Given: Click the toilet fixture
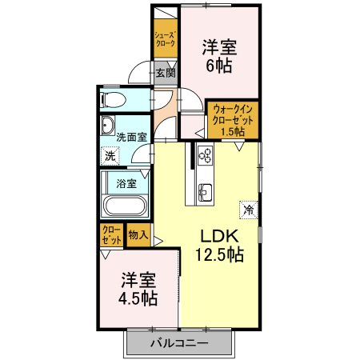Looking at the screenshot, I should click(x=111, y=100).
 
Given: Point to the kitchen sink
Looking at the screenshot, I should click(x=204, y=192).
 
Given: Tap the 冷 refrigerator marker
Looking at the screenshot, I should click(x=248, y=210).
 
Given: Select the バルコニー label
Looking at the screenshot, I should click(x=179, y=343).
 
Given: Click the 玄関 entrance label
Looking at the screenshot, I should click(x=166, y=73).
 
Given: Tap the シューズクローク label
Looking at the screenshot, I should click(x=166, y=38).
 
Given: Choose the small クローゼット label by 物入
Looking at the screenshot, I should click(x=111, y=234).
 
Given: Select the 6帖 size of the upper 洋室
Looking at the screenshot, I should click(x=218, y=66).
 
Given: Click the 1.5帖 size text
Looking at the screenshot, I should click(x=233, y=132).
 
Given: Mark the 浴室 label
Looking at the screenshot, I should click(x=126, y=182).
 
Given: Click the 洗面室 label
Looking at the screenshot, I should click(x=130, y=137).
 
